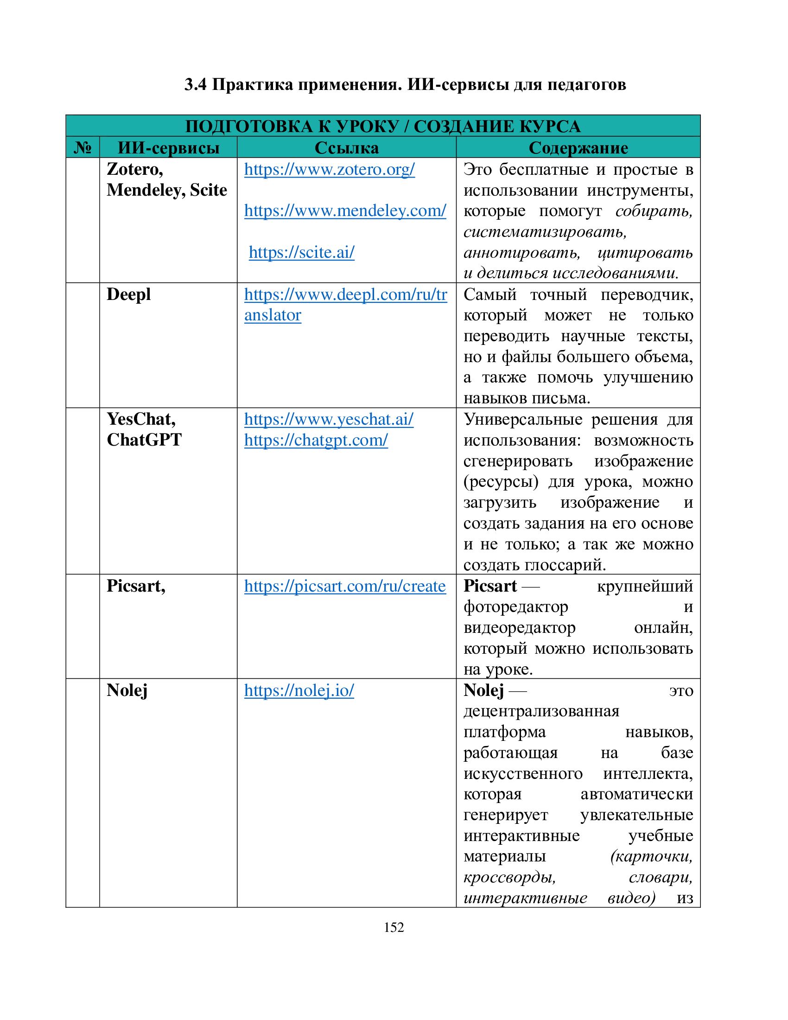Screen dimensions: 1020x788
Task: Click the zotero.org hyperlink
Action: coord(329,170)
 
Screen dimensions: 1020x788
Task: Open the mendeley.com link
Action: coord(345,211)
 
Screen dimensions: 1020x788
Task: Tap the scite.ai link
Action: coord(302,253)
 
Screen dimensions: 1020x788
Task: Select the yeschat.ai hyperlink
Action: coord(329,420)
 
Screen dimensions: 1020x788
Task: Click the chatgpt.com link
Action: coord(316,440)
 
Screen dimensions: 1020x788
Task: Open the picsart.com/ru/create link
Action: coord(344,586)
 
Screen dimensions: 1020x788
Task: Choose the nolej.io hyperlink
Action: coord(299,691)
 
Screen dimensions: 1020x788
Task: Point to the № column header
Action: coord(83,148)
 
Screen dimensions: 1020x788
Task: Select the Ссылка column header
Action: coord(346,148)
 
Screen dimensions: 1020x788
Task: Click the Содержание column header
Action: coord(578,148)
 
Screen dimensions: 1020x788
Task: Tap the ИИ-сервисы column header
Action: coord(169,148)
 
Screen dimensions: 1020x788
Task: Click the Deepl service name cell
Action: coord(128,295)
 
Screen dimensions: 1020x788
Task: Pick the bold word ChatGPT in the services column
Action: coord(144,440)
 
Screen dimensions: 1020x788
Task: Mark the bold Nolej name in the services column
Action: coord(127,690)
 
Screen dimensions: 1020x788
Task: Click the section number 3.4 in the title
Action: coord(195,84)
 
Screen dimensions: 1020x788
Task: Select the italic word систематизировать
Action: coord(545,232)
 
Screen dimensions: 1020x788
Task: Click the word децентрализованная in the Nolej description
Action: coord(541,711)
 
